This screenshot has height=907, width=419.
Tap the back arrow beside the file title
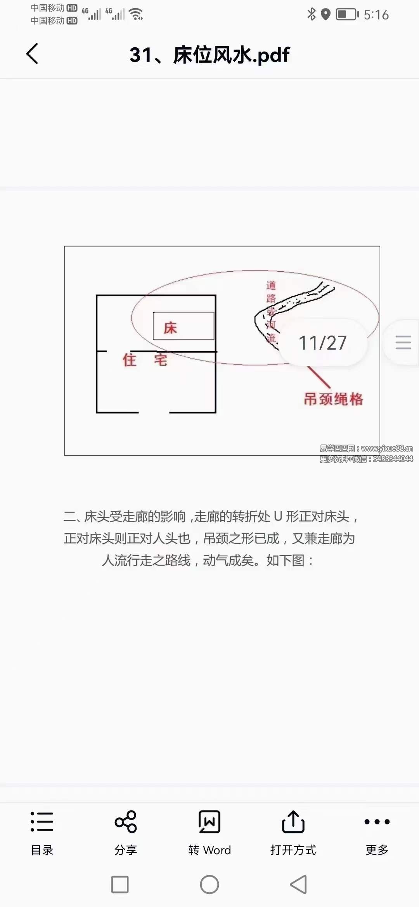click(x=32, y=53)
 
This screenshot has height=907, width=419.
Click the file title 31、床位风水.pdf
click(x=209, y=55)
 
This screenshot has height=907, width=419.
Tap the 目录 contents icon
click(x=42, y=821)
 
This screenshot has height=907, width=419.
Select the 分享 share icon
click(x=126, y=821)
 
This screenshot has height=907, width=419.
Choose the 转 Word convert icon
click(x=209, y=821)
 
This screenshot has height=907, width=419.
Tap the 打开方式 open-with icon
click(x=293, y=821)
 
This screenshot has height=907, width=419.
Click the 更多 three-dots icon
click(x=377, y=821)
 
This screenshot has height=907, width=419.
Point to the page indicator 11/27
click(x=322, y=343)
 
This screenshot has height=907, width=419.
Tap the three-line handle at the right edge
click(x=403, y=343)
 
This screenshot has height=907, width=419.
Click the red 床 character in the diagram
click(x=170, y=328)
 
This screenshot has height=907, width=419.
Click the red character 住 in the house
click(x=130, y=360)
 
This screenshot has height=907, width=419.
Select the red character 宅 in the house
click(x=161, y=360)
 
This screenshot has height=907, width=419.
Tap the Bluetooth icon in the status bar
click(x=311, y=14)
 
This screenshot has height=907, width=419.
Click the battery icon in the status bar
click(x=347, y=14)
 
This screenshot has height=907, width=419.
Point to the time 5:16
click(x=376, y=15)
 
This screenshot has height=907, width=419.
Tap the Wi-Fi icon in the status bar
click(x=136, y=14)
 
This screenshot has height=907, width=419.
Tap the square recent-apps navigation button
click(x=120, y=885)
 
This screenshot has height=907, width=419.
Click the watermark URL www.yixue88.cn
click(x=387, y=448)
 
